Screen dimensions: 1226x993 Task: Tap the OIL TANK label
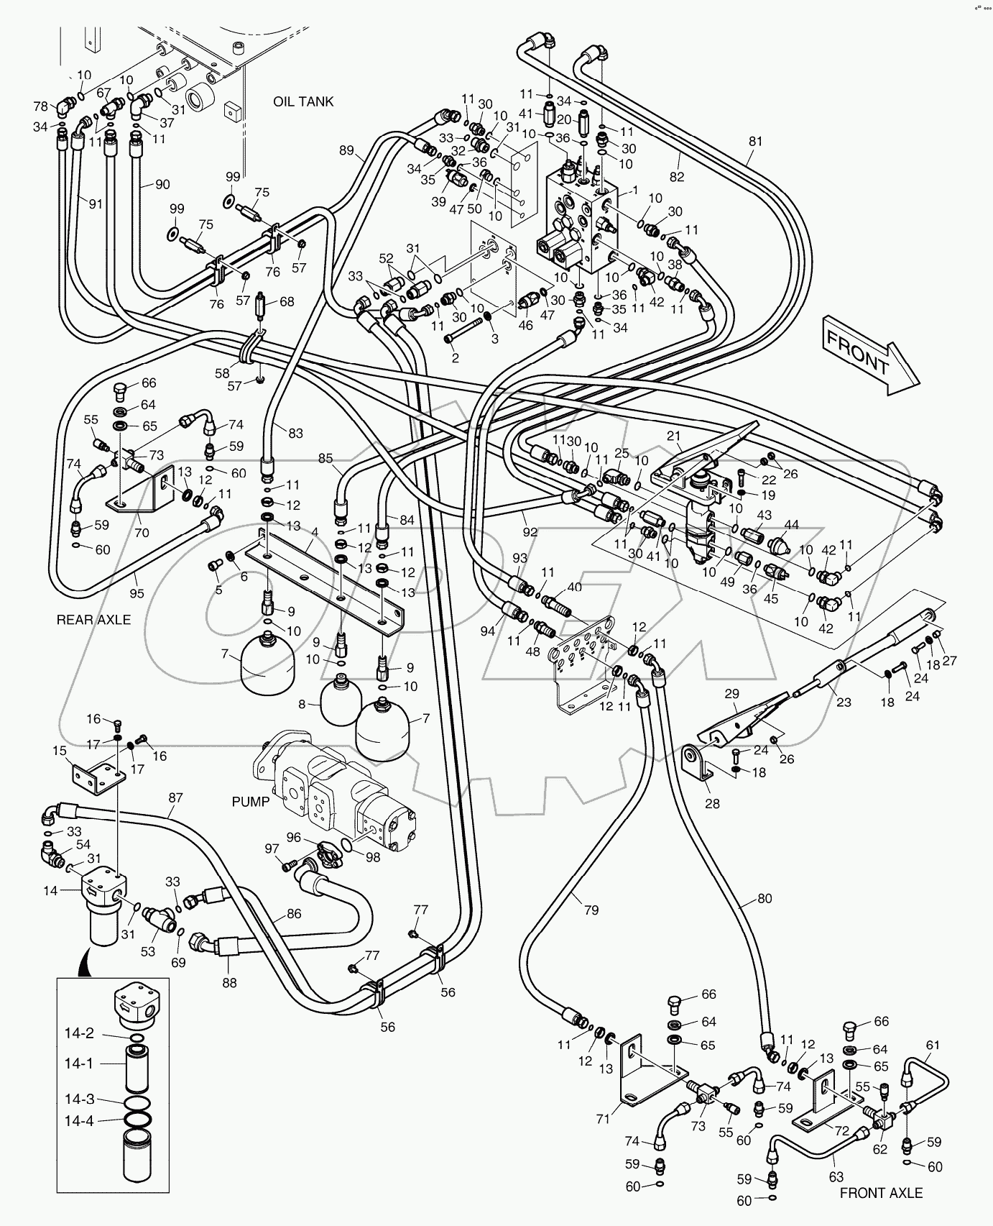point(303,101)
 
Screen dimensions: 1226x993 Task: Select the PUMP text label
point(251,801)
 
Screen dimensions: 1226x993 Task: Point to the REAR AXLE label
point(93,619)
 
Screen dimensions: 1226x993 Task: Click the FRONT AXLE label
point(881,1193)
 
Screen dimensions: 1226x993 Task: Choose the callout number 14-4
point(79,1120)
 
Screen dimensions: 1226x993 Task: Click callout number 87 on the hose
point(175,797)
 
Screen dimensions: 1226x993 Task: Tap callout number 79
point(591,910)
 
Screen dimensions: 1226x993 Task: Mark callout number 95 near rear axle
point(137,593)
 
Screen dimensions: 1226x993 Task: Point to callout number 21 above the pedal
point(673,435)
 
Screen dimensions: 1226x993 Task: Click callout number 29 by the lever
point(731,694)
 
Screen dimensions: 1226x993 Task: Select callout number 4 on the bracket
point(314,532)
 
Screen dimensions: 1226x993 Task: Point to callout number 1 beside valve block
point(634,190)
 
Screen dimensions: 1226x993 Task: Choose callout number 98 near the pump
point(373,857)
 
